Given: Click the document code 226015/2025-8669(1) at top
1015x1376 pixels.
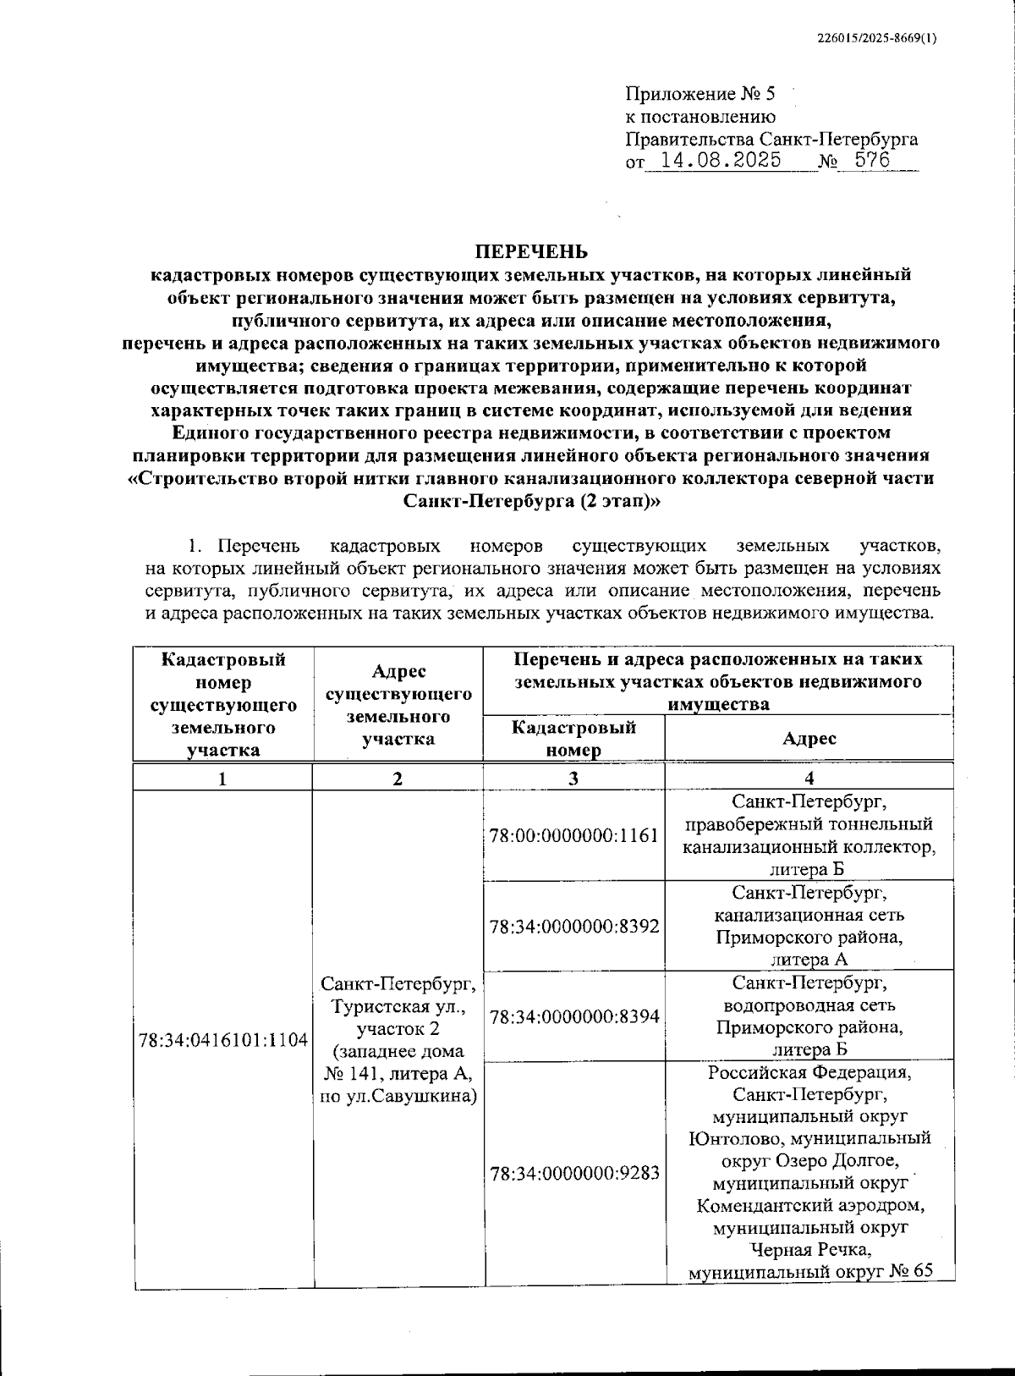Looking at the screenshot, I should point(877,38).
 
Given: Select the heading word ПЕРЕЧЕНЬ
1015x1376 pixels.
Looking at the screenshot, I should point(530,251).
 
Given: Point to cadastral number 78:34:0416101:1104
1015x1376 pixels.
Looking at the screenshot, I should point(223,1040).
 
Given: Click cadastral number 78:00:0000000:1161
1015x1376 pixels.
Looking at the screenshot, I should point(573,836).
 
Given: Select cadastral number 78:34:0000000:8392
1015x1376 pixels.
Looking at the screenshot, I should point(573,926).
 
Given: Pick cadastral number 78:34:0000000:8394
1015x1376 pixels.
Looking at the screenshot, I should point(573,1016).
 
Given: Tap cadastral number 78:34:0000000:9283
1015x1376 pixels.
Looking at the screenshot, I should point(573,1174).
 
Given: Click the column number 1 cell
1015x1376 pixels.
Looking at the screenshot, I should point(222,779).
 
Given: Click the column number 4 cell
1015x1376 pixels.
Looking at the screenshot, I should point(809,779).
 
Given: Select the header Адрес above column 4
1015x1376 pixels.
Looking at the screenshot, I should point(809,739).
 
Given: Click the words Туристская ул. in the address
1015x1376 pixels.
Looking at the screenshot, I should point(398,1007).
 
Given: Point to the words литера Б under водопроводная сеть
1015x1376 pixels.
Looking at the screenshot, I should point(809,1050).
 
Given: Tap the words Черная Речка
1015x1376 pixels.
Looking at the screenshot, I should point(809,1250).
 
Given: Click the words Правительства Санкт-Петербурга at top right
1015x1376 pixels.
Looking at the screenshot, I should point(771,140).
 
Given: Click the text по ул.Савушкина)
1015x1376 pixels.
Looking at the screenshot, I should point(398,1097).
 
